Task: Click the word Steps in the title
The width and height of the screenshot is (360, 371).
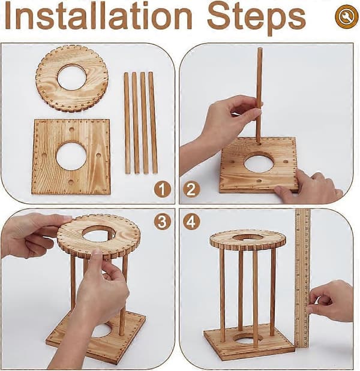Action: coord(257,19)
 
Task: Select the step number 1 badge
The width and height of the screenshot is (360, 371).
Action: coord(162,189)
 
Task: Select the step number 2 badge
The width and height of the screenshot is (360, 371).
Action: coord(191,189)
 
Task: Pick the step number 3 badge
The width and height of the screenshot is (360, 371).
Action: coord(162,222)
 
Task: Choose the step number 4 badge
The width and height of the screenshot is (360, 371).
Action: coord(191,222)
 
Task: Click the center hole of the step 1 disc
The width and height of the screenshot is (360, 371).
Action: coord(71,77)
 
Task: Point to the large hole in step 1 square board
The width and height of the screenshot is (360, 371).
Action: coord(71,156)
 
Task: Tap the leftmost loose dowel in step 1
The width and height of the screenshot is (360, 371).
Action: coord(127,123)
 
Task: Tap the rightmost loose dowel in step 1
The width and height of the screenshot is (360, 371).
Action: coord(153,122)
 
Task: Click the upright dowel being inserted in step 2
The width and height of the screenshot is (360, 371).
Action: coord(259,95)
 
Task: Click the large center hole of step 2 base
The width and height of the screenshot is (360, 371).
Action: coord(258,162)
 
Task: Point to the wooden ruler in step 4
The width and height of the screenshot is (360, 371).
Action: coord(302,279)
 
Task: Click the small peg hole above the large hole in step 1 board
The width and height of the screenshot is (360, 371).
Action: coord(71,130)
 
